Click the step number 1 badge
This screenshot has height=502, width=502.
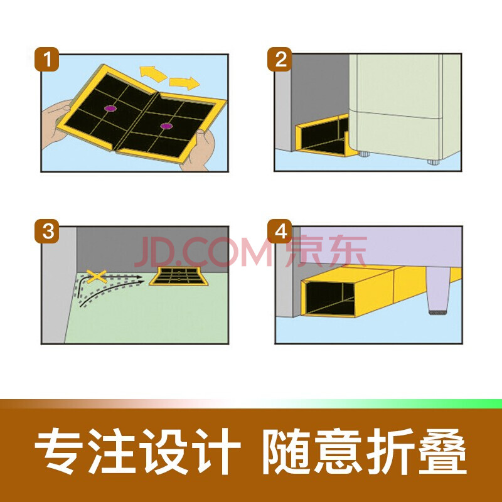(46, 59)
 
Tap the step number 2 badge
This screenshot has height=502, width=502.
(279, 59)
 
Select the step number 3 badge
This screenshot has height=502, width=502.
(46, 231)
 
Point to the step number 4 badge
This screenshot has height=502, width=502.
(279, 231)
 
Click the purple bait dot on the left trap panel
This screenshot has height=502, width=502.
(110, 109)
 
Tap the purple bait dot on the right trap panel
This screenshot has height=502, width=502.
(166, 126)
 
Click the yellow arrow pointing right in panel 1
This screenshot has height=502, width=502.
(184, 83)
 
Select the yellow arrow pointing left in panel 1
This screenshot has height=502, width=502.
(153, 73)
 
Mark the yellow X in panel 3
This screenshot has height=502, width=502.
(97, 277)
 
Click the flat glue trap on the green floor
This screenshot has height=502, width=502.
(178, 276)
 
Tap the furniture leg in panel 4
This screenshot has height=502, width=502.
(437, 291)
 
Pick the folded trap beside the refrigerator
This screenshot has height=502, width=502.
(326, 136)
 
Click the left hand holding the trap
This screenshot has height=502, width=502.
(55, 123)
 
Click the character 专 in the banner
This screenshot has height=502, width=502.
(58, 451)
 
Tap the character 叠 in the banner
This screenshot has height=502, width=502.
(443, 451)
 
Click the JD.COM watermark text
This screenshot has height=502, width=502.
(203, 252)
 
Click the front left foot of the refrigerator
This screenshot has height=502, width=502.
(364, 154)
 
